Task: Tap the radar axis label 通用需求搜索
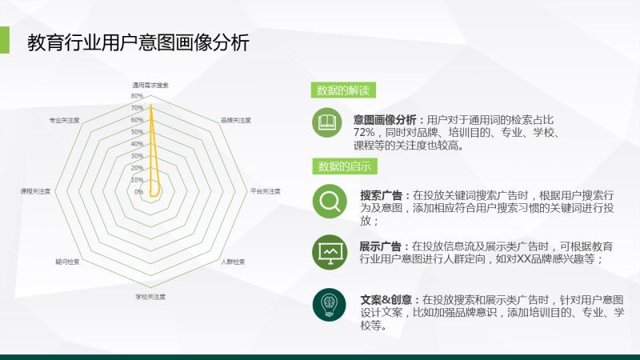click(150, 85)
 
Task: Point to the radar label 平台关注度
click(265, 191)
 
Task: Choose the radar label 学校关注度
click(150, 297)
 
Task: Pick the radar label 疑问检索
click(67, 262)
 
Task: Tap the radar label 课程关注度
click(36, 191)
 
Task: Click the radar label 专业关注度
click(64, 120)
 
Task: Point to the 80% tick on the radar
click(137, 96)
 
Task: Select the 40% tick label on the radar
click(137, 144)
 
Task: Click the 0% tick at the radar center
click(138, 192)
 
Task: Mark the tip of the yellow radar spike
click(150, 106)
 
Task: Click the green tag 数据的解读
click(343, 90)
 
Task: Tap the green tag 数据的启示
click(343, 166)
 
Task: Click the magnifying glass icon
click(328, 201)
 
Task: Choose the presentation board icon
click(328, 250)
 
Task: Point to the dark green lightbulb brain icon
click(328, 304)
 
